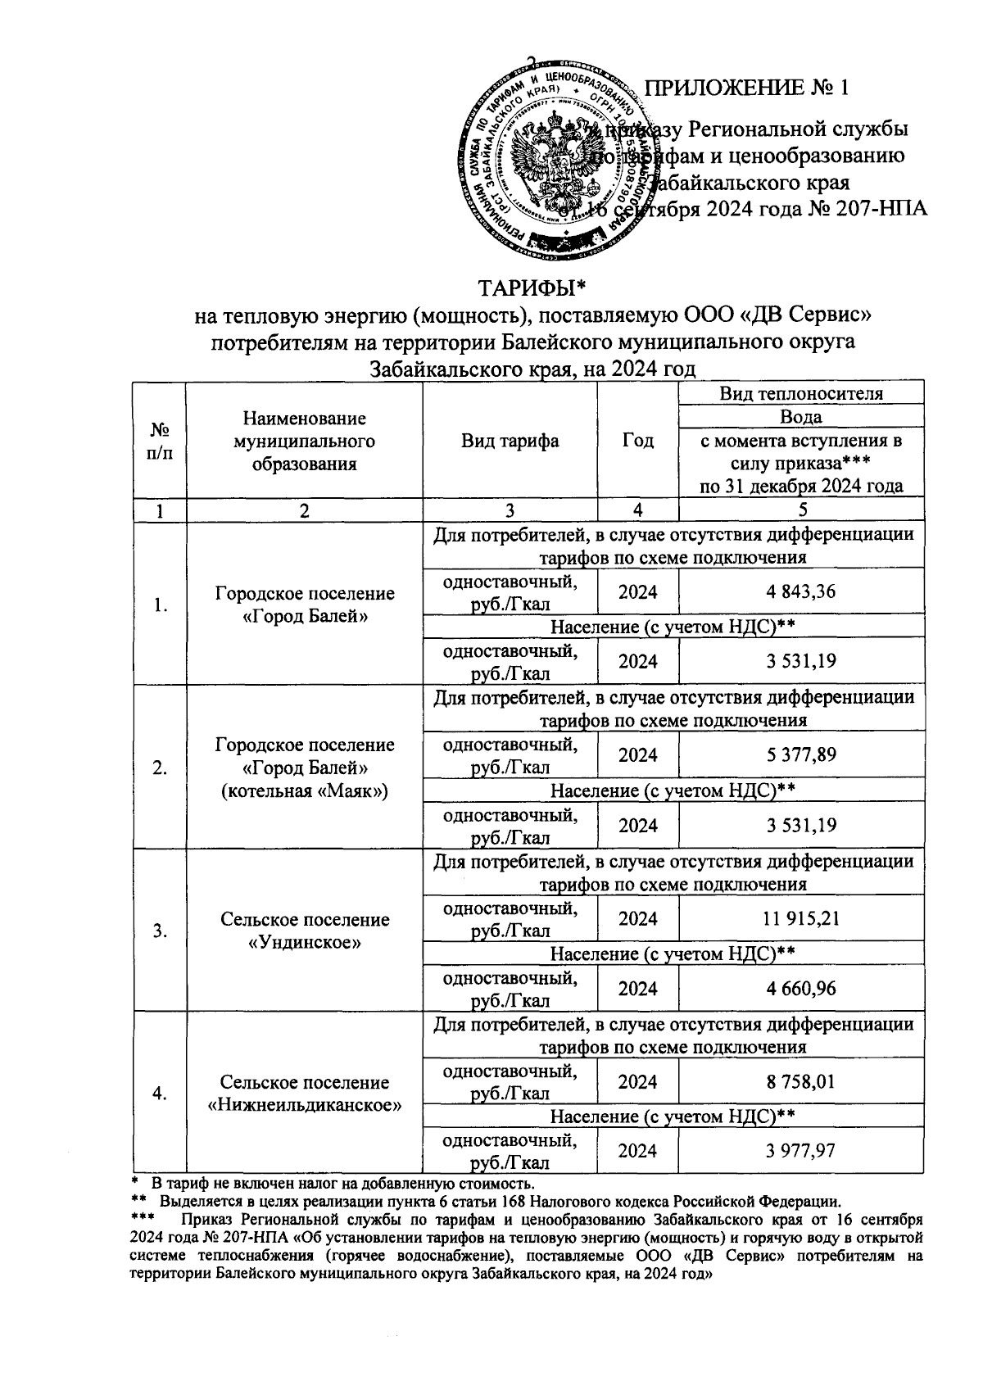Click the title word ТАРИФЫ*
[x=532, y=288]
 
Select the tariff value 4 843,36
[x=801, y=591]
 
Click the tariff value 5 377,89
[x=801, y=754]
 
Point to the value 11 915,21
[x=801, y=918]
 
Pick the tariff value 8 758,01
[x=801, y=1081]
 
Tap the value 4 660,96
[x=801, y=988]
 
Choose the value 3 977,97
[x=801, y=1151]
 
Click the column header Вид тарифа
[x=510, y=441]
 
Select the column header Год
[x=637, y=441]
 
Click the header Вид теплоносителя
[x=800, y=393]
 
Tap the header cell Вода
[x=800, y=416]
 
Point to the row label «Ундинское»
[x=304, y=942]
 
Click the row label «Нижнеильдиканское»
[x=304, y=1105]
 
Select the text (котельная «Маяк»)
[x=304, y=791]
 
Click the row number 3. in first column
[x=161, y=931]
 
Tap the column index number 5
[x=802, y=510]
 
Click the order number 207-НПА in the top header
[x=880, y=209]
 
